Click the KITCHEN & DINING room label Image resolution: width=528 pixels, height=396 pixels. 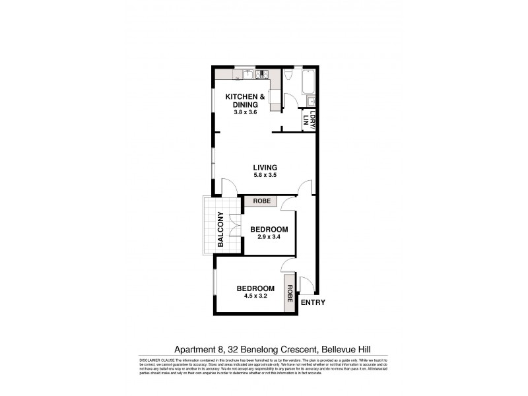tap(245, 101)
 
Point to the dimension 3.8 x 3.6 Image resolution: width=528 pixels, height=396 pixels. tap(245, 112)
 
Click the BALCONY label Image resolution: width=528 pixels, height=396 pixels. tap(221, 229)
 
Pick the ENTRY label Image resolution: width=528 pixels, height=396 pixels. tap(312, 303)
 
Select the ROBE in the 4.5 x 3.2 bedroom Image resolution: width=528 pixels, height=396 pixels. tap(289, 293)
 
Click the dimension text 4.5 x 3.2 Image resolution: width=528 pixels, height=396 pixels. tap(255, 296)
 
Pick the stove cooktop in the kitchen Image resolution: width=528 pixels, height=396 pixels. tap(261, 75)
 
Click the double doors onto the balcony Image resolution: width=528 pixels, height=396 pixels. tap(234, 229)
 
